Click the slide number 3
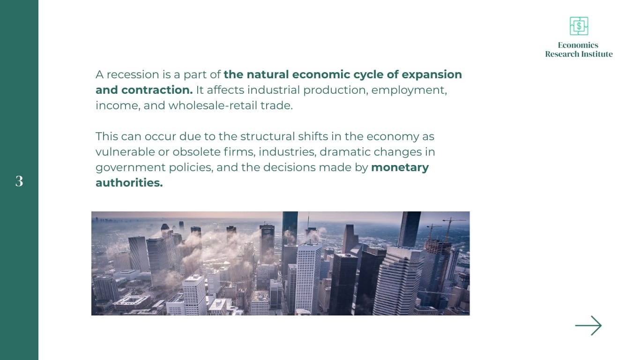19,181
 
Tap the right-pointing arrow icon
588,325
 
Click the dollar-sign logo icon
579,26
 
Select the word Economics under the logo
578,45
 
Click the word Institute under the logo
595,54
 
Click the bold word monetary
400,167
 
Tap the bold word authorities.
129,183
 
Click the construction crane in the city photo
450,225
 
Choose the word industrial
272,90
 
